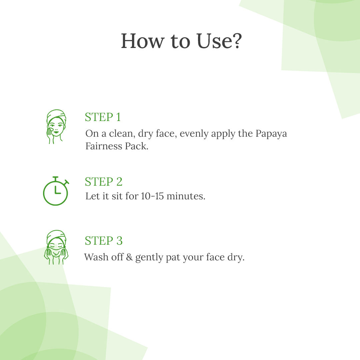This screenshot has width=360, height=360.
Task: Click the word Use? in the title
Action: (x=219, y=41)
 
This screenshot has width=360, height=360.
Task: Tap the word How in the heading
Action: (x=143, y=41)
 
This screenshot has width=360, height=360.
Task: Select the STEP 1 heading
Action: (x=103, y=117)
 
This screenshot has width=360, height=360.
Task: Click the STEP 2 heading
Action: (x=104, y=182)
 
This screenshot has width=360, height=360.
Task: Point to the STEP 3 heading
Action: (x=104, y=241)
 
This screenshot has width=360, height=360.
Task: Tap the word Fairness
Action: (x=104, y=146)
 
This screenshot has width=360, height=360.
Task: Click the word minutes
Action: (x=186, y=196)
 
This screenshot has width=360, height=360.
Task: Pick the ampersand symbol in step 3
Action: (x=129, y=257)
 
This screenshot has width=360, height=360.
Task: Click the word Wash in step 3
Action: (x=96, y=257)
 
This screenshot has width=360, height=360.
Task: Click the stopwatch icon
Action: (x=56, y=191)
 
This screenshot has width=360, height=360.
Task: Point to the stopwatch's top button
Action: (x=55, y=178)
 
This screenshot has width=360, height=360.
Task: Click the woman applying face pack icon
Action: (x=56, y=127)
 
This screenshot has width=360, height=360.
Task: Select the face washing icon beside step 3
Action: (x=56, y=247)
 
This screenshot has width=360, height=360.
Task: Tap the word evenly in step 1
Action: (x=194, y=134)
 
